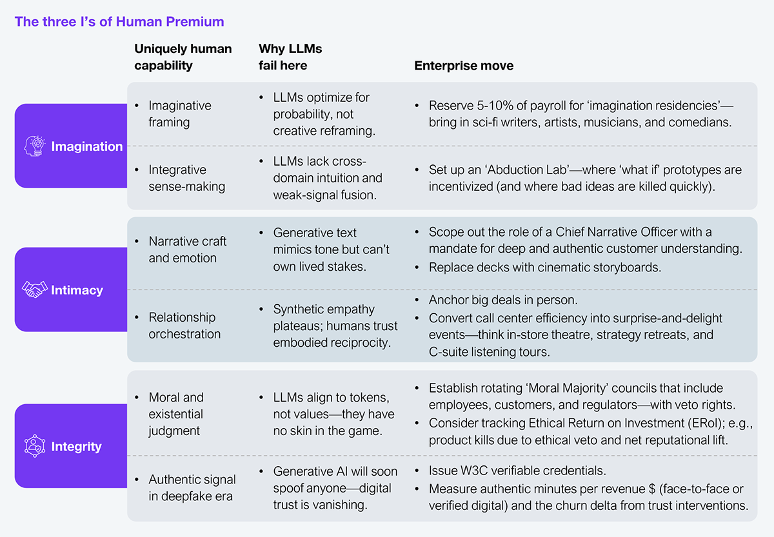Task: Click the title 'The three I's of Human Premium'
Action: (119, 22)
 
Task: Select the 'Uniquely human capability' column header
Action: (183, 57)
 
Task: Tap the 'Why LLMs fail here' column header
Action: (290, 57)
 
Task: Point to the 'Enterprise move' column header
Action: (464, 66)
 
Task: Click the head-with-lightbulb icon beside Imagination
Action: (35, 146)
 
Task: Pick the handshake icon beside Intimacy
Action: (35, 289)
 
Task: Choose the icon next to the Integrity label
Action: (35, 446)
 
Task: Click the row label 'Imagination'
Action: (86, 146)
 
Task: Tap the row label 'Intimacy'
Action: (77, 290)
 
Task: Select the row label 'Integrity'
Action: (76, 447)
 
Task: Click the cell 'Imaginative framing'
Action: (180, 114)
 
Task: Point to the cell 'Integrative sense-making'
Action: (187, 178)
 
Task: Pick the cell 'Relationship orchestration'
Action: (184, 326)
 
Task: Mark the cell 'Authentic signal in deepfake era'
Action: (192, 488)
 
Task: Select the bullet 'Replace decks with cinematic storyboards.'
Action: (545, 268)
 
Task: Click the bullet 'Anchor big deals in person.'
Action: (503, 300)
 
